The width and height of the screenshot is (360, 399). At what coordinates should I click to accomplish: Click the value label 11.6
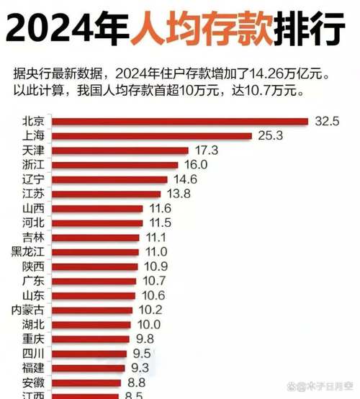(x=160, y=208)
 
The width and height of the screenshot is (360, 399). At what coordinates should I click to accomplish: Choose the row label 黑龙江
(x=28, y=251)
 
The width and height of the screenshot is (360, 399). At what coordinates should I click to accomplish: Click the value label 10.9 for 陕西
(x=155, y=266)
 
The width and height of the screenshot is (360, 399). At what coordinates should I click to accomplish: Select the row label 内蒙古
(x=28, y=310)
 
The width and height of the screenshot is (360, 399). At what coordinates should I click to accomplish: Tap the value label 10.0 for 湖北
(x=148, y=324)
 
